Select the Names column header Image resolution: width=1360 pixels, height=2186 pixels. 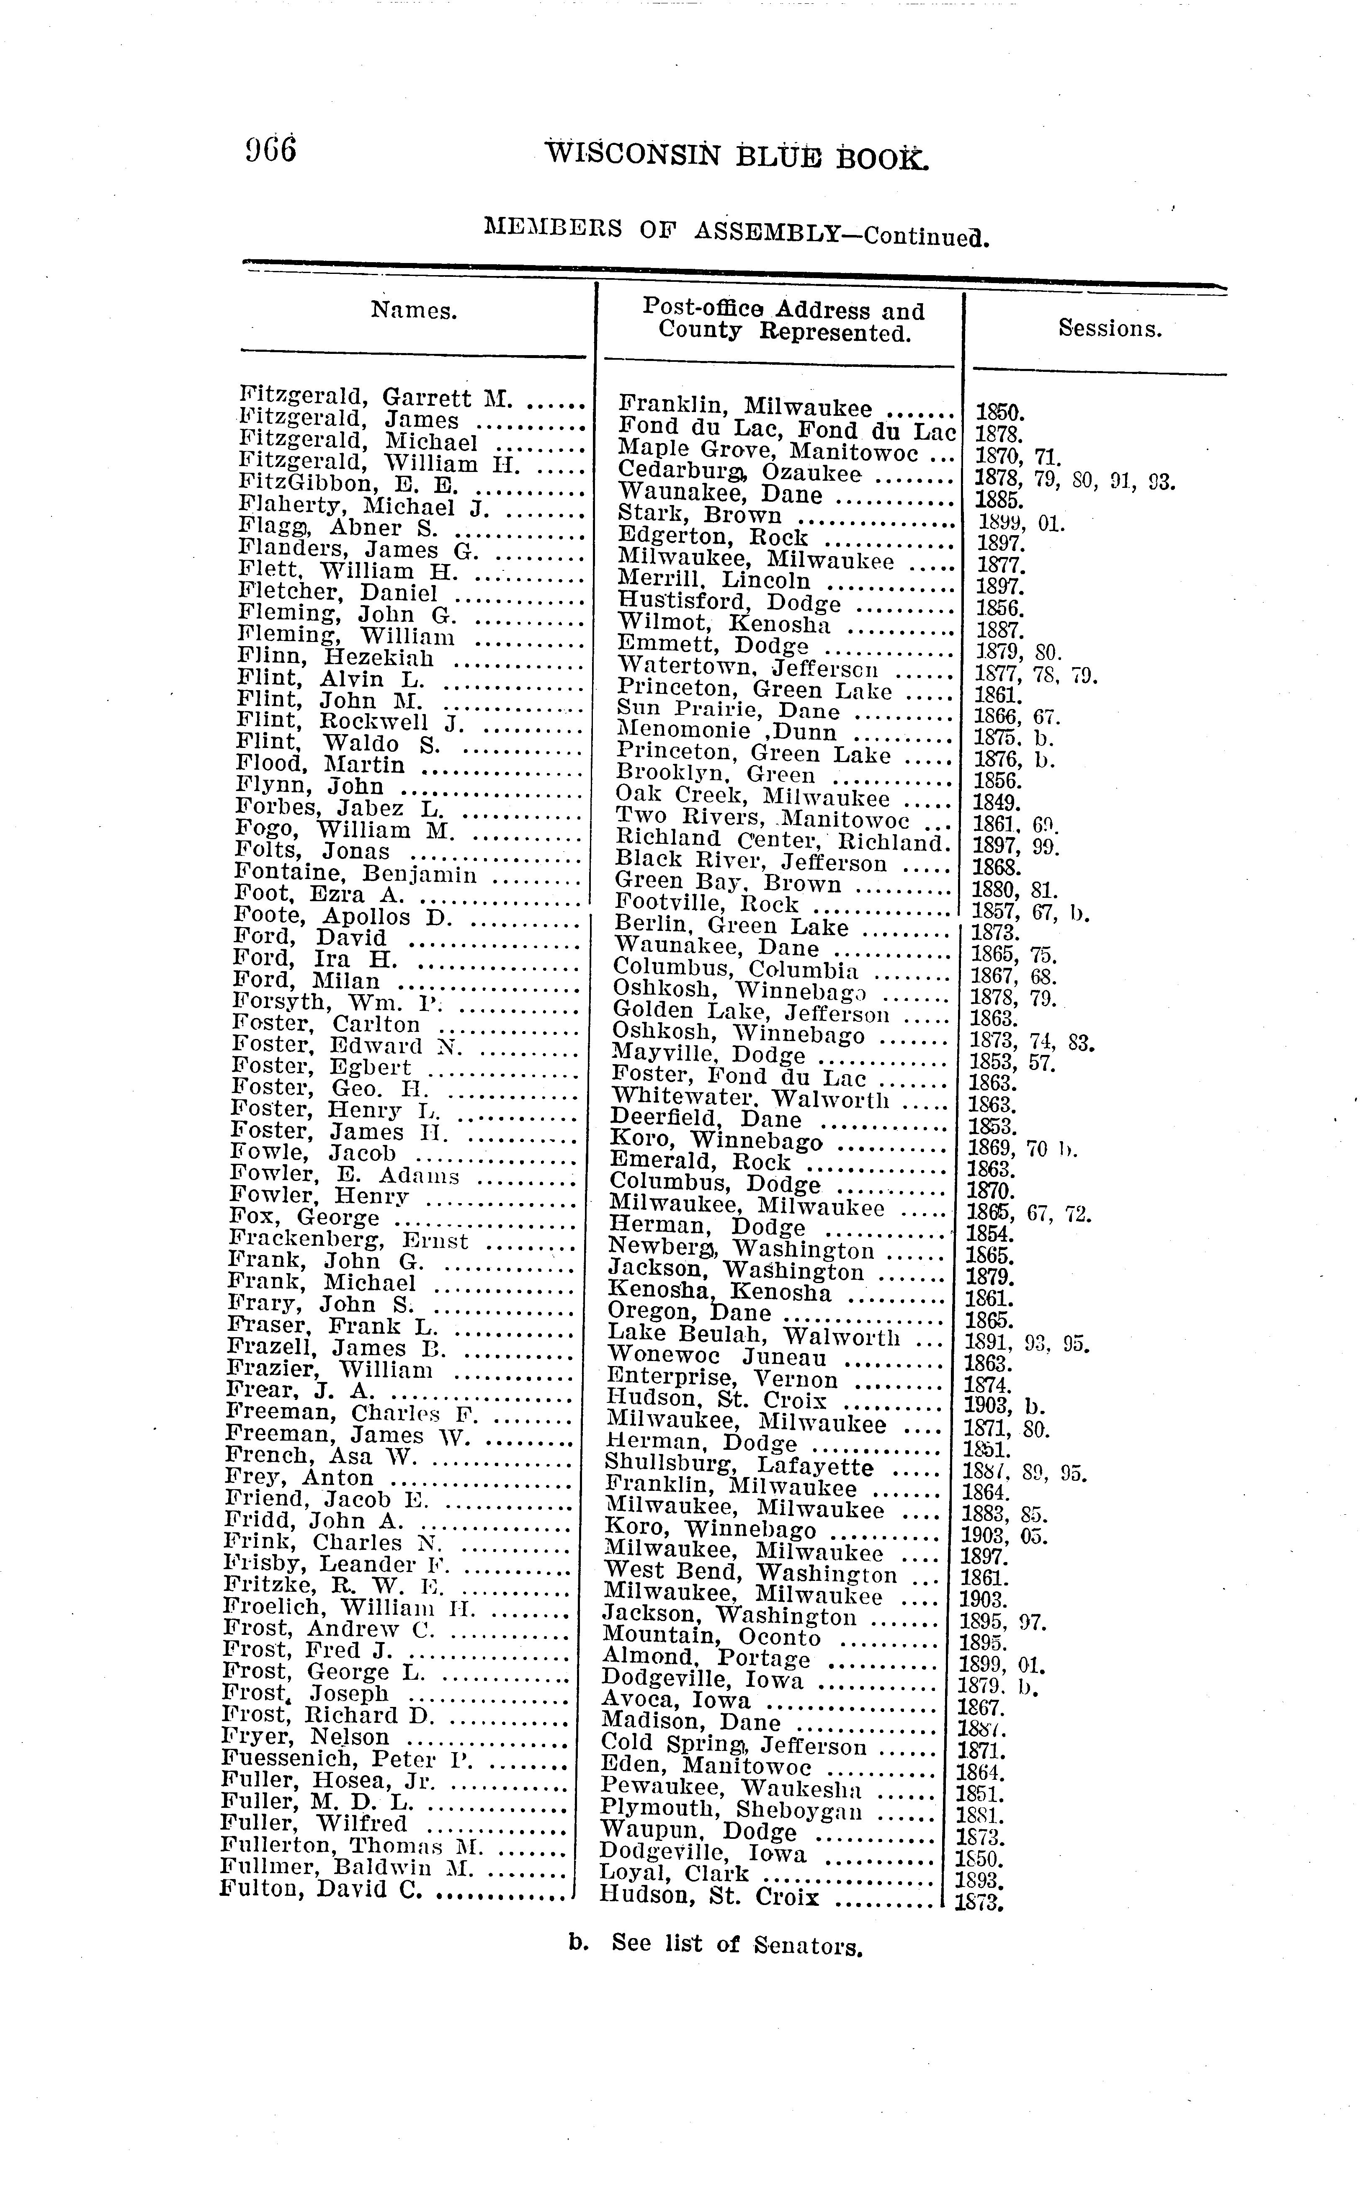click(x=414, y=310)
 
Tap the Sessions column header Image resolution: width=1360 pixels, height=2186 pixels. click(x=1110, y=328)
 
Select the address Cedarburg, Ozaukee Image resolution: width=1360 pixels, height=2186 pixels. click(x=739, y=473)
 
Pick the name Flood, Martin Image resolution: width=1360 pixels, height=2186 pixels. click(x=320, y=765)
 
